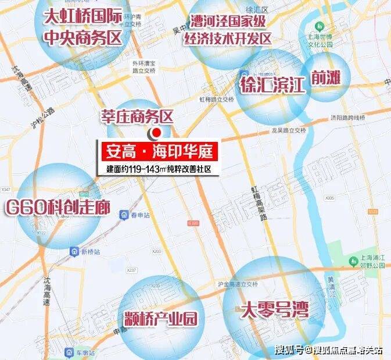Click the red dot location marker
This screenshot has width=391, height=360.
(x=156, y=133)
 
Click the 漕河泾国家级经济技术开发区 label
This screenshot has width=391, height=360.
(x=231, y=31)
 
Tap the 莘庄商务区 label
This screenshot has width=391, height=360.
(x=137, y=117)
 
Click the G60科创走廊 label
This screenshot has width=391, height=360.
(x=58, y=207)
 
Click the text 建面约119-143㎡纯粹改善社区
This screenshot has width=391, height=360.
(x=157, y=169)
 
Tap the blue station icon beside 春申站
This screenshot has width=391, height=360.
(x=124, y=215)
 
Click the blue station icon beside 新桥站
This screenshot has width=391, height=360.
(x=74, y=251)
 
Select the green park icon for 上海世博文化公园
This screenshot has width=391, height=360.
(x=320, y=28)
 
